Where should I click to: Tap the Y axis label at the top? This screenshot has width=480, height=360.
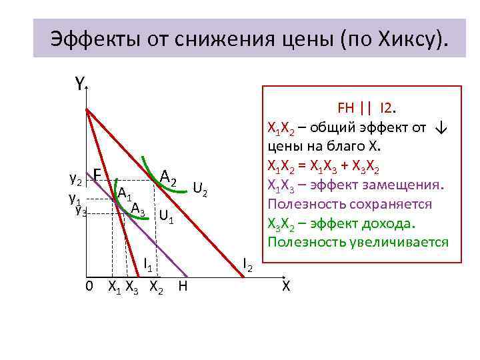[79, 84]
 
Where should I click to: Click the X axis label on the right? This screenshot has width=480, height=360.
[286, 286]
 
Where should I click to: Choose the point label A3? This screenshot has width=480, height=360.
[138, 209]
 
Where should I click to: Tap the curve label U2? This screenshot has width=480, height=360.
[201, 189]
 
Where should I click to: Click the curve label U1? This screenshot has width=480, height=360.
[166, 217]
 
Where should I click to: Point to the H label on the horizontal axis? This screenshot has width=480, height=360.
[183, 287]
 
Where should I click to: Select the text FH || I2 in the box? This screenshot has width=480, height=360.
[367, 108]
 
